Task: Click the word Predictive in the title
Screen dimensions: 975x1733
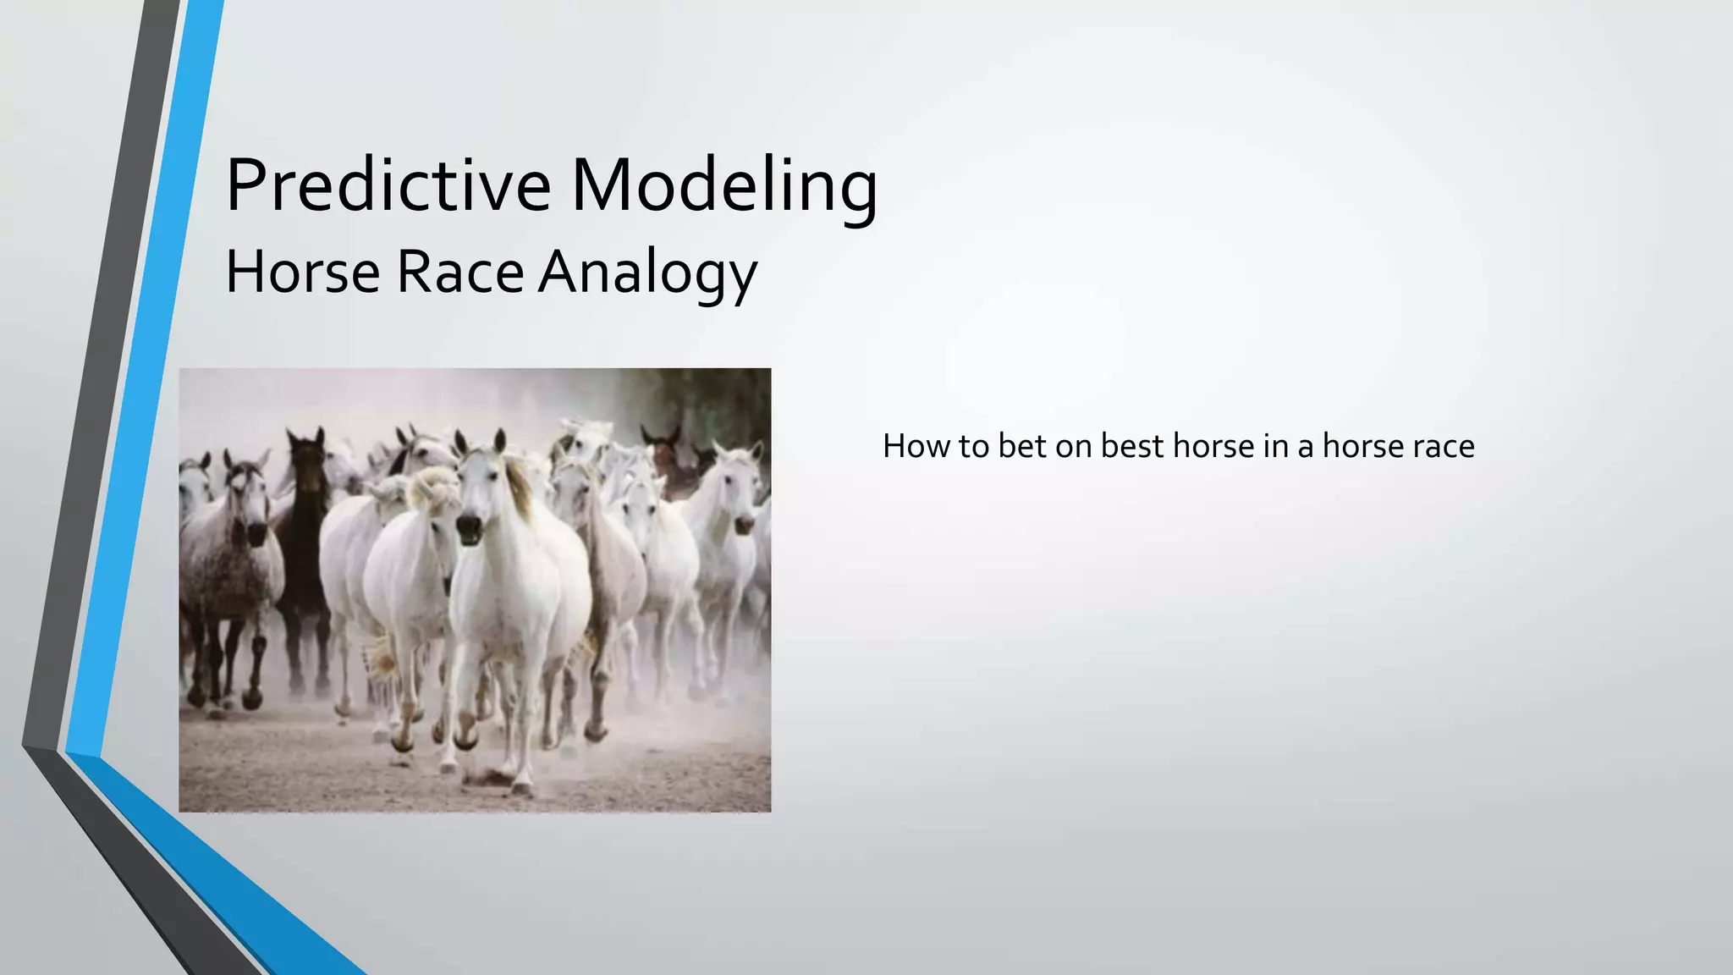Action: coord(388,185)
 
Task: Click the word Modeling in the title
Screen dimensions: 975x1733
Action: coord(724,185)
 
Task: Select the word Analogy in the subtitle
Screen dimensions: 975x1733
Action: coord(647,273)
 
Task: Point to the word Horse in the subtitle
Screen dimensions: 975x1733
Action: coord(303,273)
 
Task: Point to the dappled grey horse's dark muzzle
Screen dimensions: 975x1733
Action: coord(256,533)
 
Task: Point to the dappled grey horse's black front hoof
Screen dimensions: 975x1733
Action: coord(252,698)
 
